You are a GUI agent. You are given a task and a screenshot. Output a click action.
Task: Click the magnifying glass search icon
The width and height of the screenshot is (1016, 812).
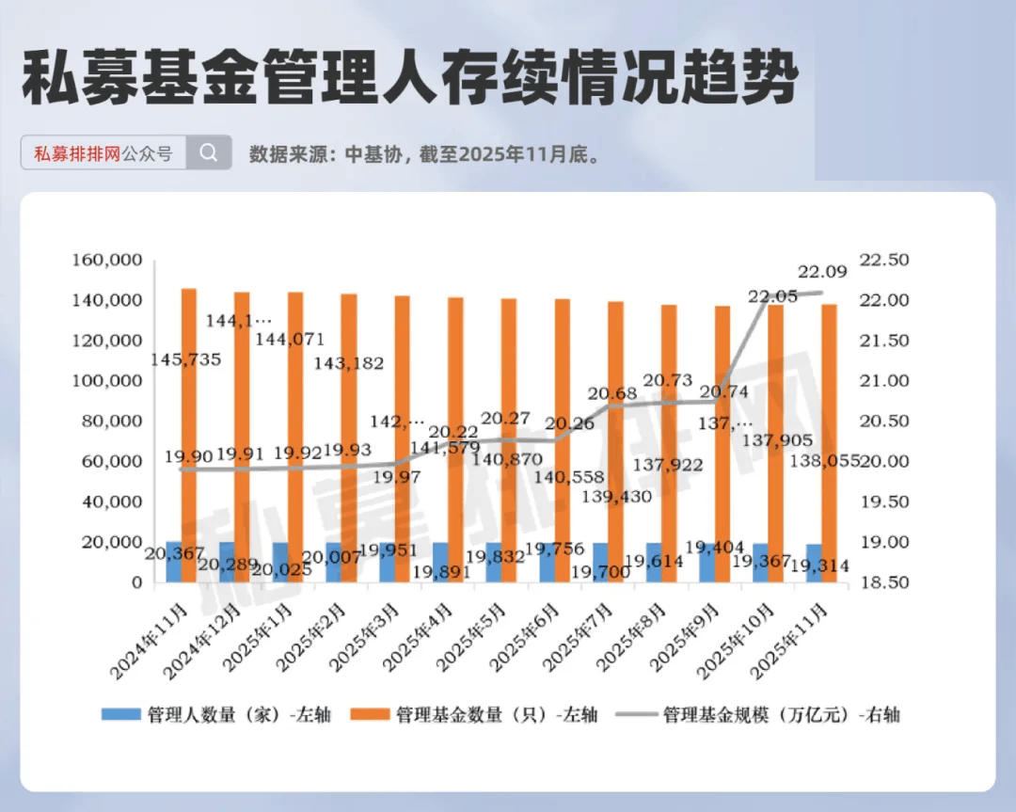209,152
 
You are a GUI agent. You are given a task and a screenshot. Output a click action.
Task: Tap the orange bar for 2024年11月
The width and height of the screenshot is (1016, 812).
189,434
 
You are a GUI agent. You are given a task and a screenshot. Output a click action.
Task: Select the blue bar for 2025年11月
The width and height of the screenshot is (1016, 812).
814,563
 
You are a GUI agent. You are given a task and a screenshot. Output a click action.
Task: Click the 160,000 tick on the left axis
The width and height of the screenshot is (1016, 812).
106,260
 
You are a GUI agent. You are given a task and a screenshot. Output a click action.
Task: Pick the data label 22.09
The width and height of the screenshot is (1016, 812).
822,272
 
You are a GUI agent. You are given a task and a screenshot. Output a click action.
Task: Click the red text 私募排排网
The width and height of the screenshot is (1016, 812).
77,153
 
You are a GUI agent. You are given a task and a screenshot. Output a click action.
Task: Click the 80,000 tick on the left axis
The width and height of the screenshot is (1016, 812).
106,421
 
